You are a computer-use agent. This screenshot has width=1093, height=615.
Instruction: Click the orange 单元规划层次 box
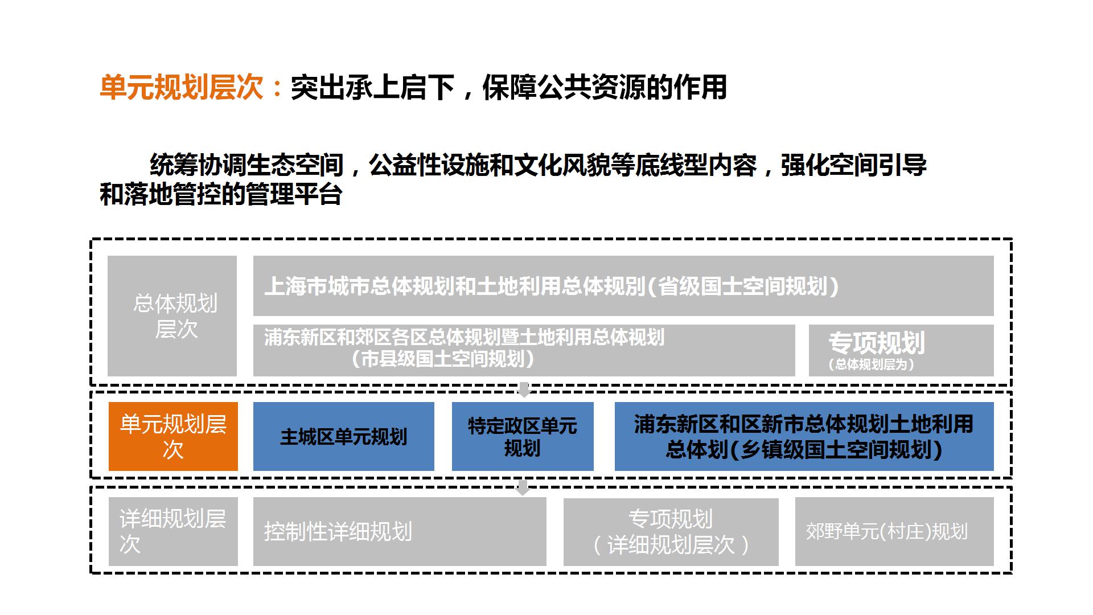click(173, 437)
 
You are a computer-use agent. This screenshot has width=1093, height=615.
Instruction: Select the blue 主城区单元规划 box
click(344, 437)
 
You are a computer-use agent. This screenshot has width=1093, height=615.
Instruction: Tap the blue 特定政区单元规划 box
click(523, 437)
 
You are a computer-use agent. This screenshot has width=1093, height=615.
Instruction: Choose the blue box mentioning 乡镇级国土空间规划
click(804, 437)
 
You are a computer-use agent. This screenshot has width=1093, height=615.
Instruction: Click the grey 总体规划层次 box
click(172, 316)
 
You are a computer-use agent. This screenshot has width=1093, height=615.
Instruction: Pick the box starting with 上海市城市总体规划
click(623, 286)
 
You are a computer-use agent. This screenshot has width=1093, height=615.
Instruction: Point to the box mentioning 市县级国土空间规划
click(524, 350)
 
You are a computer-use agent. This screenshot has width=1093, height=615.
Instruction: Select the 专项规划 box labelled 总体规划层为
click(901, 350)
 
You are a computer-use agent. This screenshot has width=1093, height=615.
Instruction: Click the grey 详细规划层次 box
click(173, 532)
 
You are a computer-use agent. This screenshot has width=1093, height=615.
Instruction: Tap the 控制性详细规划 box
click(400, 532)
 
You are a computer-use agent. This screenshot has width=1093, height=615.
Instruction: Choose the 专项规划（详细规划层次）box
click(671, 532)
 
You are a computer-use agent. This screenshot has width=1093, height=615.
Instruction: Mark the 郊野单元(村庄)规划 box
click(894, 532)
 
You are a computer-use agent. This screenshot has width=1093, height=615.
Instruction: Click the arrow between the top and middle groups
click(524, 390)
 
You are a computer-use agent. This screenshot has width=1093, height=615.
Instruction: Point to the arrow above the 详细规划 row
click(523, 487)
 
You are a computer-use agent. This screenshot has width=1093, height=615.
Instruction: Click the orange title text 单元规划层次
click(182, 88)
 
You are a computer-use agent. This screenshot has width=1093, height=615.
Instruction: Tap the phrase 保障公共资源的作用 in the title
click(605, 88)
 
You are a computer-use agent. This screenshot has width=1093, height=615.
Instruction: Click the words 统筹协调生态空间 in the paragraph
click(247, 165)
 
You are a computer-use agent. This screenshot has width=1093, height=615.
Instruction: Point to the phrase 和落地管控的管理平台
click(221, 194)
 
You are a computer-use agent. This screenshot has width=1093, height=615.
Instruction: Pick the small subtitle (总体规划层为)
click(872, 364)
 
